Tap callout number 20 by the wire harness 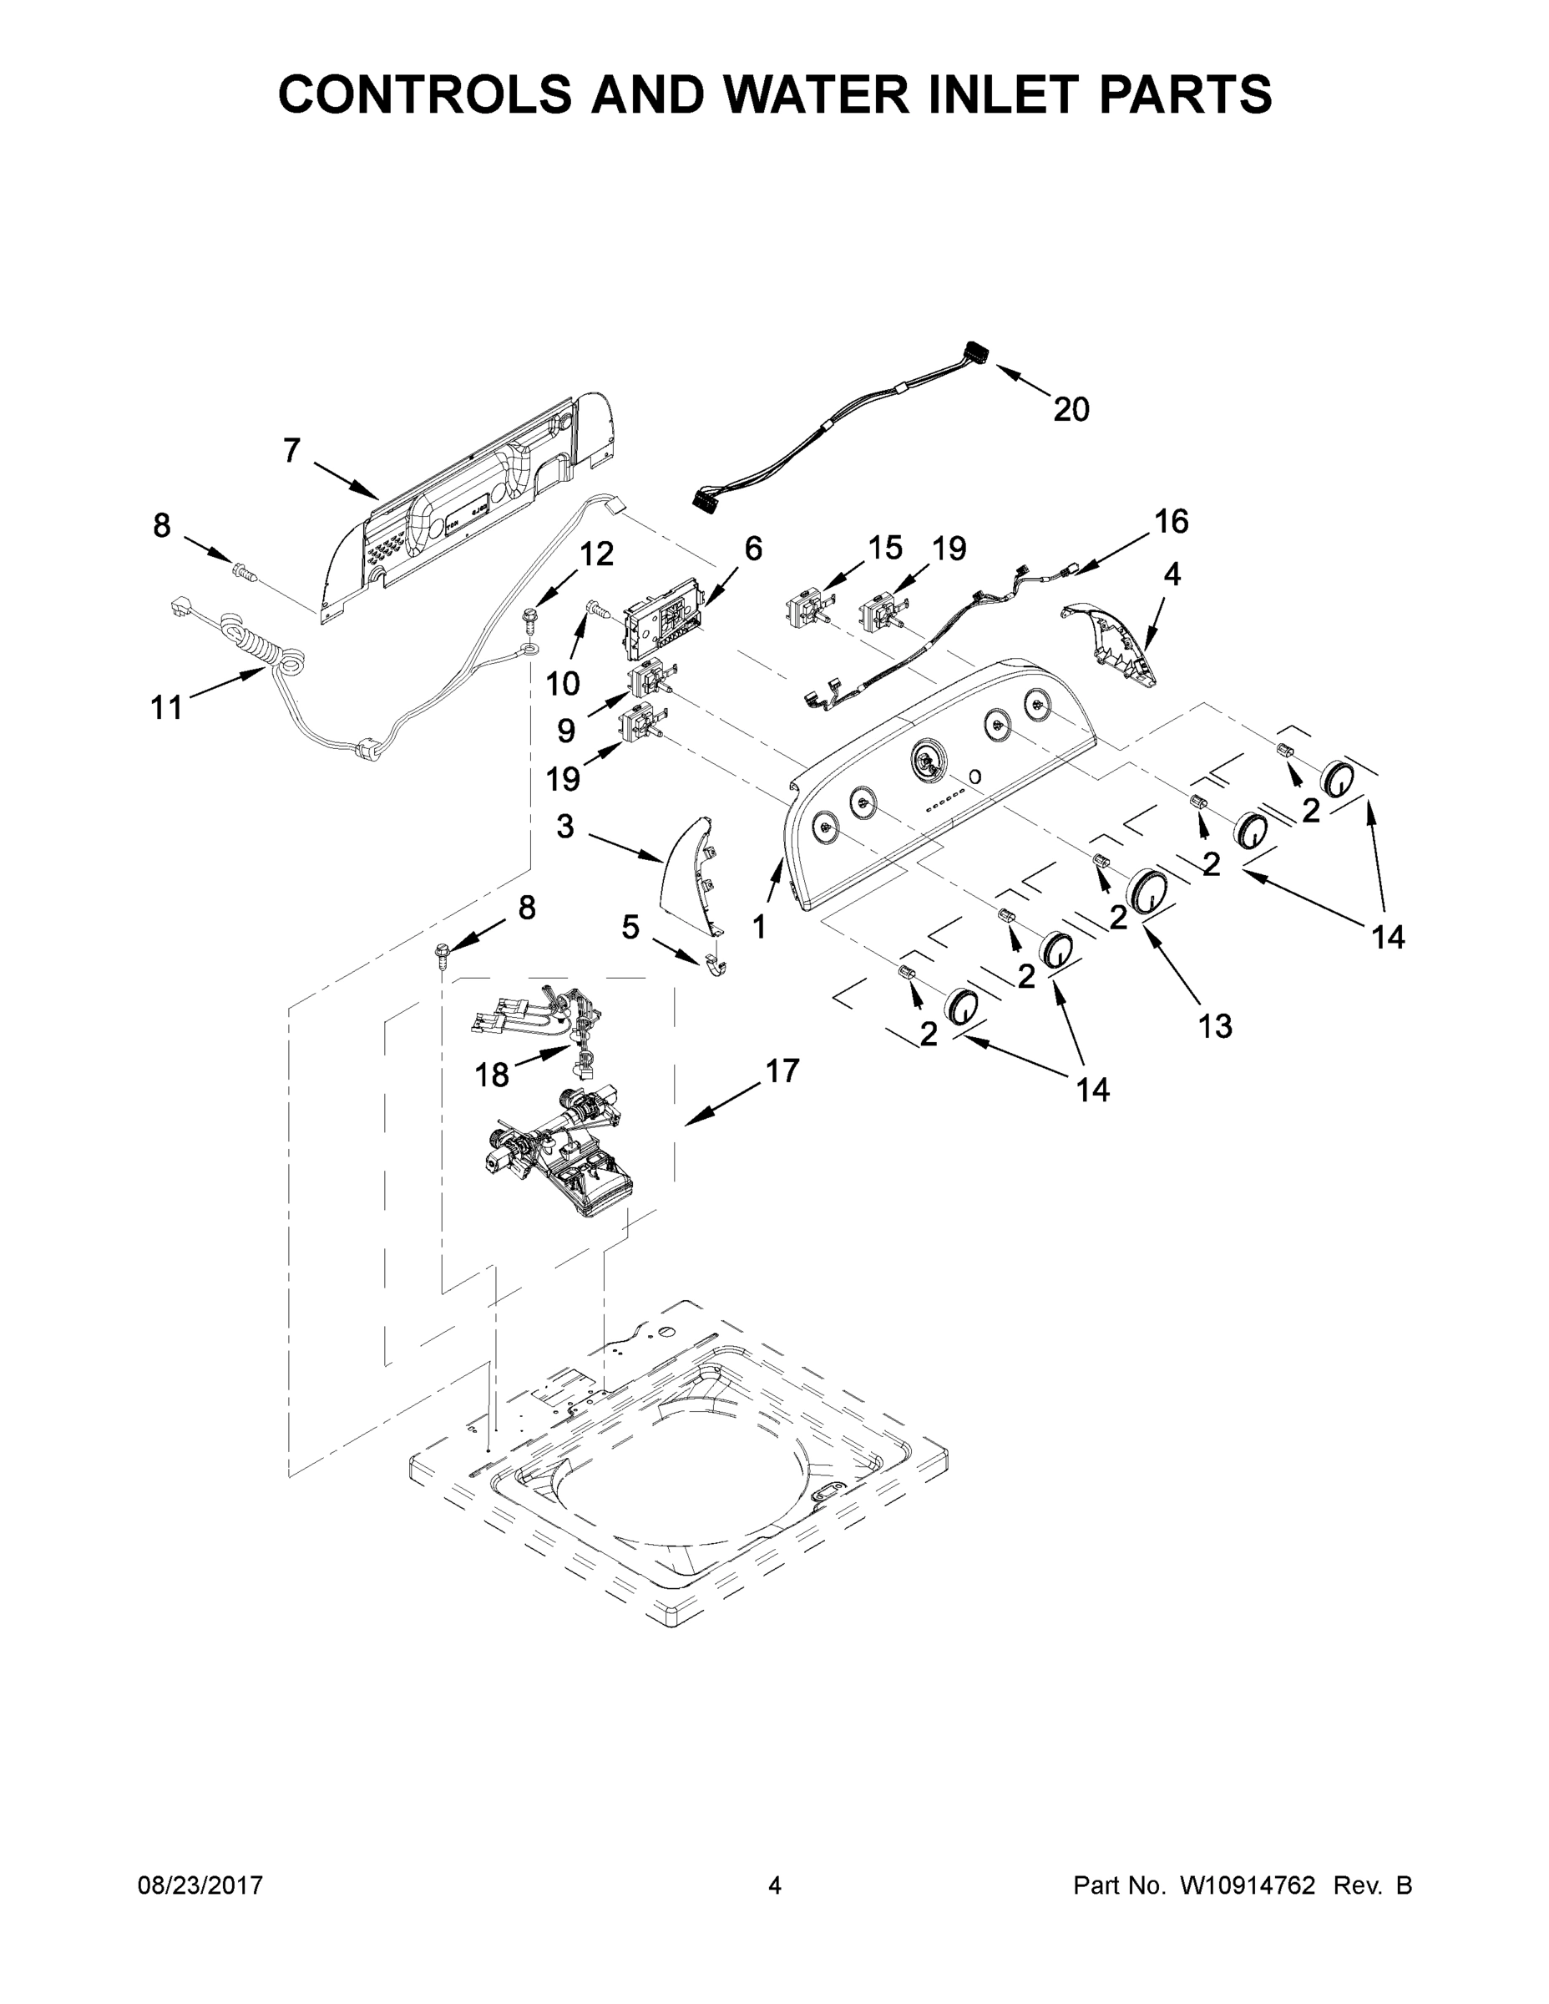(x=1070, y=409)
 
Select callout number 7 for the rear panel (x=291, y=451)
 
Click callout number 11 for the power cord (x=166, y=707)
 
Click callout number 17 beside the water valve (x=782, y=1070)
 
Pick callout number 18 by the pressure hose (x=492, y=1075)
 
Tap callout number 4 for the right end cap (x=1172, y=574)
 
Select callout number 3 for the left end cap (x=564, y=827)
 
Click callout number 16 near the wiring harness (x=1171, y=521)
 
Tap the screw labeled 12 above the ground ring (x=529, y=615)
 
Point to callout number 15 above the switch (x=884, y=548)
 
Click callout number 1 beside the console (x=759, y=927)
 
